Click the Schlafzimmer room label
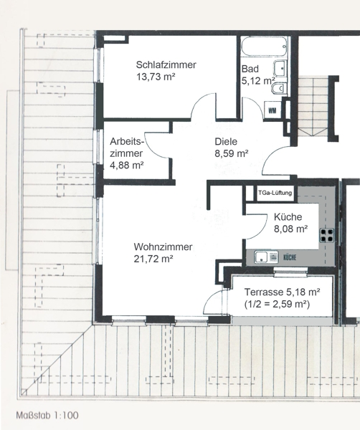coord(166,64)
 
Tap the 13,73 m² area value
coord(156,77)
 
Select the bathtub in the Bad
coord(264,47)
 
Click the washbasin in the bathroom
coord(280,68)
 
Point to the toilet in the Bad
coord(279,88)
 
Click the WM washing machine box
coord(273,110)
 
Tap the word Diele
coord(226,141)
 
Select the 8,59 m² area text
coord(232,153)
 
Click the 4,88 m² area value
coord(127,166)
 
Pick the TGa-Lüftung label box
coord(275,193)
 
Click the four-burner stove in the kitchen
coord(327,235)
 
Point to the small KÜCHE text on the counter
coord(290,257)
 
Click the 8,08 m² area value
coord(290,229)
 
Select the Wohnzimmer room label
coord(163,247)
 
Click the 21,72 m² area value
coord(153,259)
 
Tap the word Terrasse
coord(264,292)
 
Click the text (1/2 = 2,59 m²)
coord(277,304)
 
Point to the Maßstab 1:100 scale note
coord(47,415)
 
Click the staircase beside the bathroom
coord(313,106)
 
